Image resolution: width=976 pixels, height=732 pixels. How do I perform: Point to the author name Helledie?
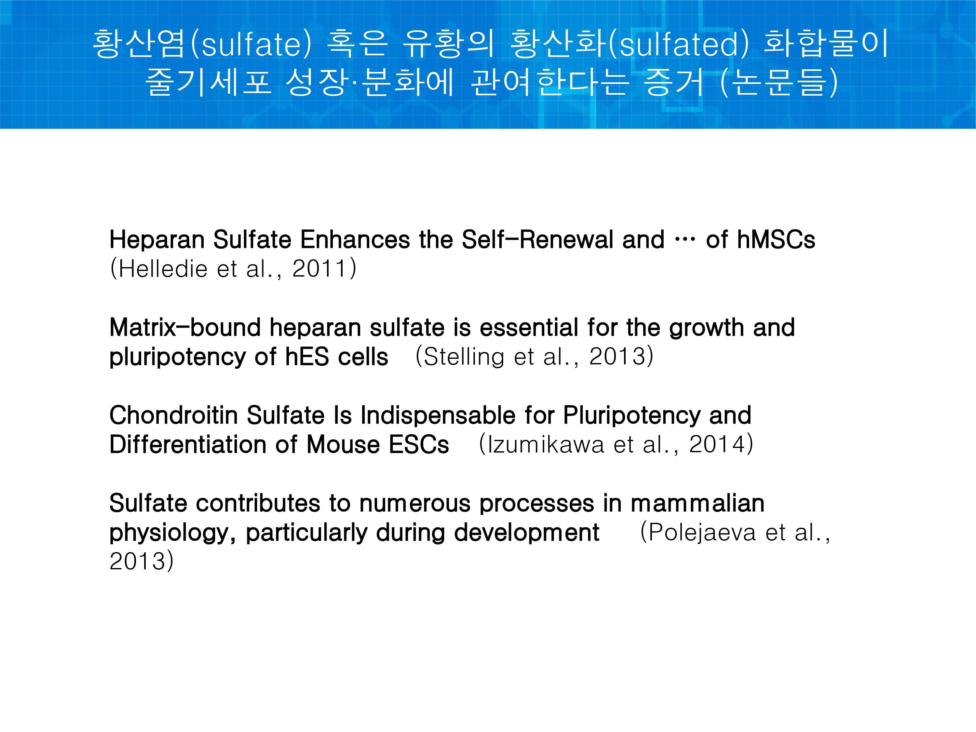pos(163,269)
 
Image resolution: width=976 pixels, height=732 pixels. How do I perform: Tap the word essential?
pos(529,328)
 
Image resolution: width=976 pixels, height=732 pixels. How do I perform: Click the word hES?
pos(307,357)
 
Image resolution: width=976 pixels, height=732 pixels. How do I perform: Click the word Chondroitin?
pos(174,416)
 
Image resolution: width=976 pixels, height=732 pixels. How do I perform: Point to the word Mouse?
pos(343,445)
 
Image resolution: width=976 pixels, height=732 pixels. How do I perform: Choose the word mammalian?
pos(698,503)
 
